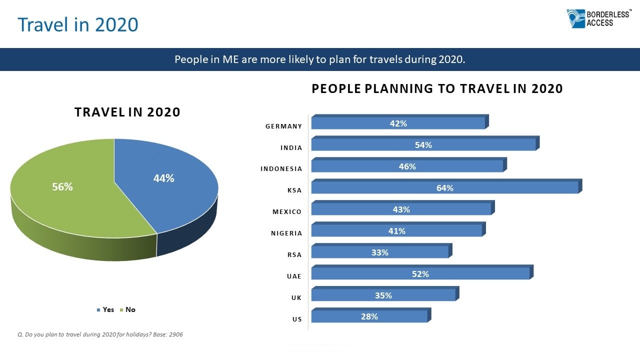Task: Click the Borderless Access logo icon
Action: point(575,19)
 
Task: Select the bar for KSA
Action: point(446,186)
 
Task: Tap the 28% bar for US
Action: point(371,315)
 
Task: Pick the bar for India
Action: point(425,143)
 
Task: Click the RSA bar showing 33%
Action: point(381,250)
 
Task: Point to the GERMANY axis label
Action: point(283,126)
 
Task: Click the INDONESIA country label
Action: point(281,169)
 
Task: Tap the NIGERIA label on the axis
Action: point(286,233)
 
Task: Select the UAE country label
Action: point(294,276)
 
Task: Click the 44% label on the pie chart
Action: point(163,178)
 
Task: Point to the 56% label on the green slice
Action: point(62,187)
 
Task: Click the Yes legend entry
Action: point(105,309)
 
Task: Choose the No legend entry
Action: point(127,309)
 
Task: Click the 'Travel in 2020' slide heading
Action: point(78,24)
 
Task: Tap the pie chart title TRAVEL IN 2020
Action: point(127,112)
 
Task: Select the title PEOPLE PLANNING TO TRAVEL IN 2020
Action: point(437,88)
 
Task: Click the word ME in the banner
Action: point(230,59)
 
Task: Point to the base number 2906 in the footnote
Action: point(176,334)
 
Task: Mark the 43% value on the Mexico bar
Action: point(401,209)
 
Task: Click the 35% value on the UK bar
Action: point(383,295)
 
